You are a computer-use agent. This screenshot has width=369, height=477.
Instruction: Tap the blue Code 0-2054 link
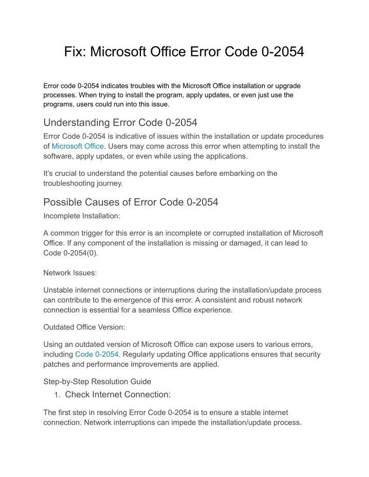pos(97,354)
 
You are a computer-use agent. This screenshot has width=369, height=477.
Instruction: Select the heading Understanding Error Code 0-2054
pos(120,122)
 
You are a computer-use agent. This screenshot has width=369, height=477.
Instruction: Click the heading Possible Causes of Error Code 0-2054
pos(131,202)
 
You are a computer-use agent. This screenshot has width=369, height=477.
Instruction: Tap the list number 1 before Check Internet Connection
pos(57,395)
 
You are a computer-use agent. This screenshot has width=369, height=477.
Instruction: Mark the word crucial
pos(65,173)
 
